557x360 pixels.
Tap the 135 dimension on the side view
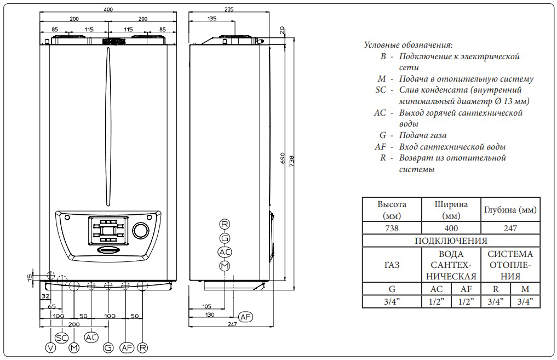coord(211,19)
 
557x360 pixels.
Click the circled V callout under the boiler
coord(51,347)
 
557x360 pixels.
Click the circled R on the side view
coord(225,224)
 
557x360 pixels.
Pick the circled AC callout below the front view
coord(91,336)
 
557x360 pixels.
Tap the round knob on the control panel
coord(141,230)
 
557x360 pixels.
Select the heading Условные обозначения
coord(408,45)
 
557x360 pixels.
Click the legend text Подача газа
coord(423,135)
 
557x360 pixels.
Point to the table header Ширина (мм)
coord(451,209)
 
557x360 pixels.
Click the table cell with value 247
coord(510,228)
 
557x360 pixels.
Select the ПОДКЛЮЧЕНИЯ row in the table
coord(451,241)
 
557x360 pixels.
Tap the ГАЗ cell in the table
coord(392,265)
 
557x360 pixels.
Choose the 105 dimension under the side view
coord(206,306)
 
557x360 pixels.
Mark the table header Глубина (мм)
coord(510,210)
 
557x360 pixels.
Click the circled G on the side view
coord(225,238)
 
